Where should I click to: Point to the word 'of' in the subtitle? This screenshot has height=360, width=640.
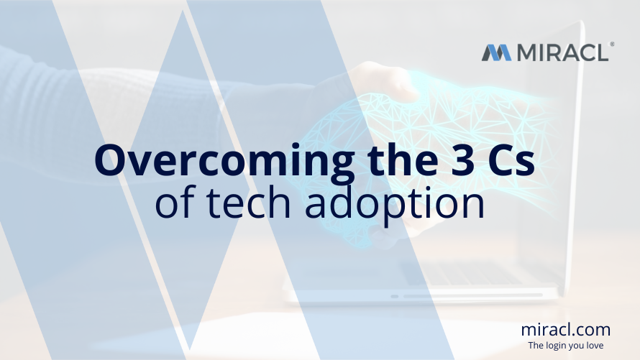[173, 203]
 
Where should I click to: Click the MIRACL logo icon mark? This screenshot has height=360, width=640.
[496, 52]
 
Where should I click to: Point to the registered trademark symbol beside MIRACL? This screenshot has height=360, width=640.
[612, 45]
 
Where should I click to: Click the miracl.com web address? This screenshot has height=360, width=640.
[566, 330]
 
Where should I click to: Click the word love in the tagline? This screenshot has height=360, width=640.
[600, 346]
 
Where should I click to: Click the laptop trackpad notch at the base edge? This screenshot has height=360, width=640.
[394, 296]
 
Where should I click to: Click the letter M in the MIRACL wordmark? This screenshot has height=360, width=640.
[524, 52]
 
